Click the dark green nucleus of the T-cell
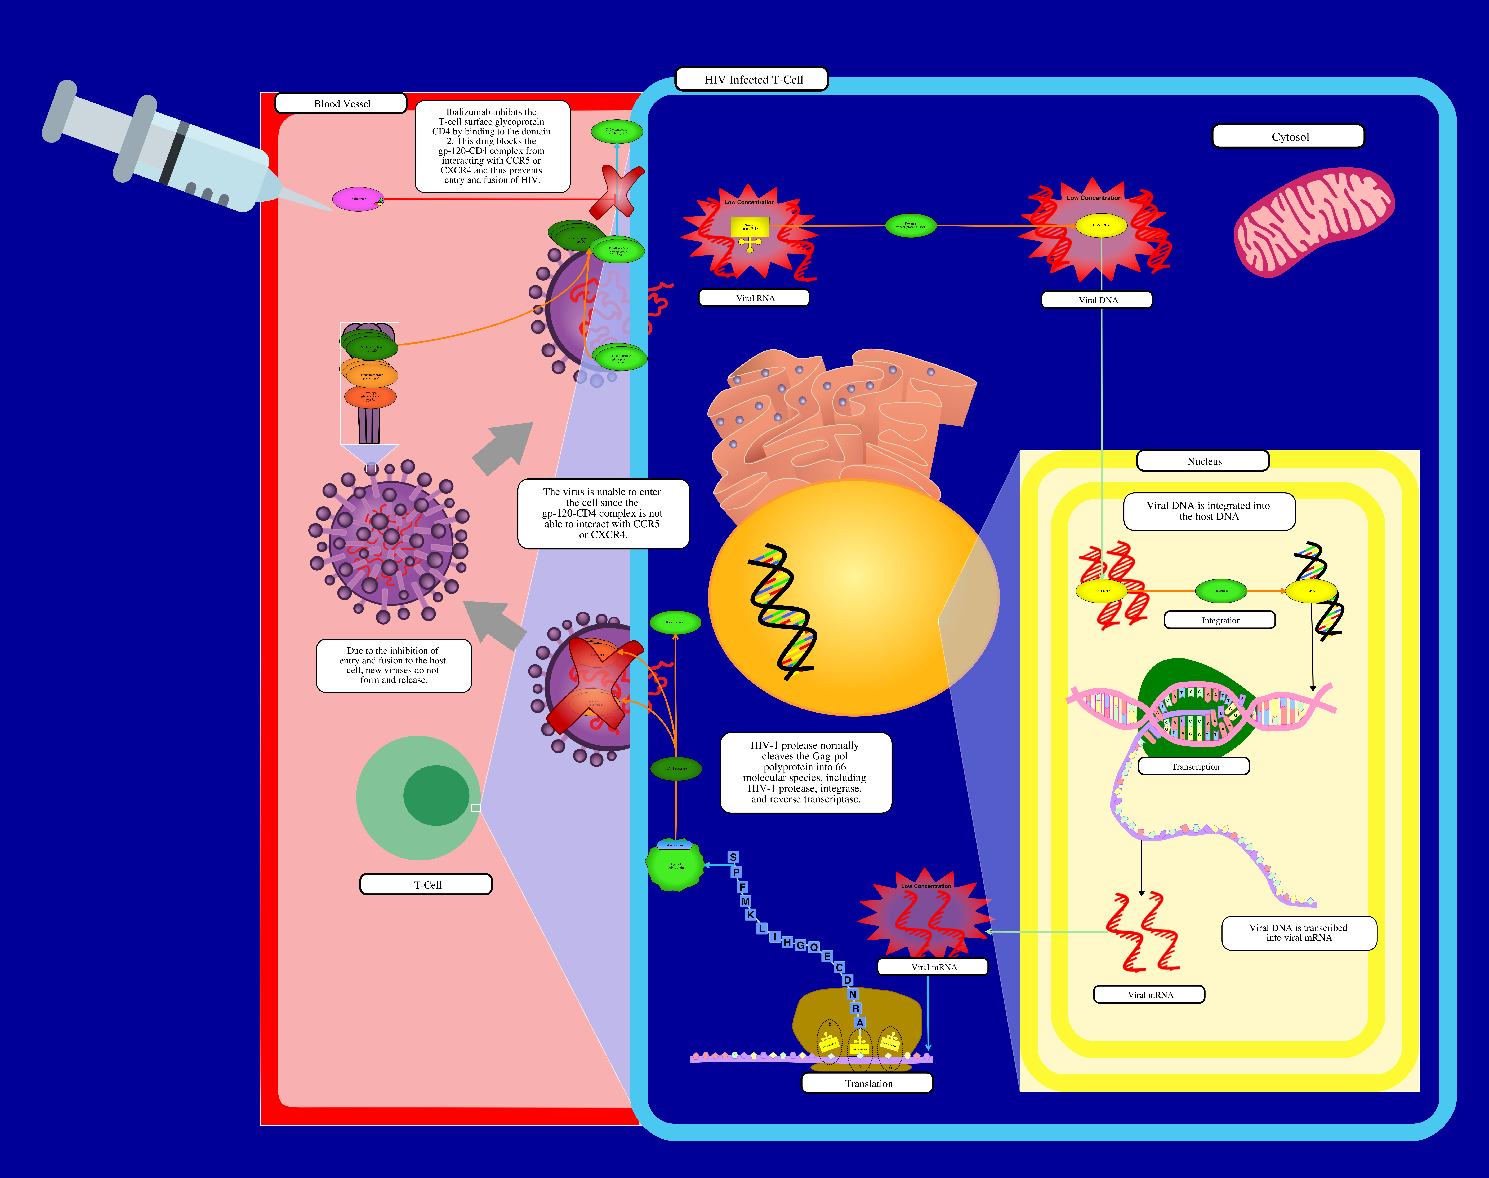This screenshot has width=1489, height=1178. pos(436,795)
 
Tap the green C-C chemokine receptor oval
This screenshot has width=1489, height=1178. pos(616,131)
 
